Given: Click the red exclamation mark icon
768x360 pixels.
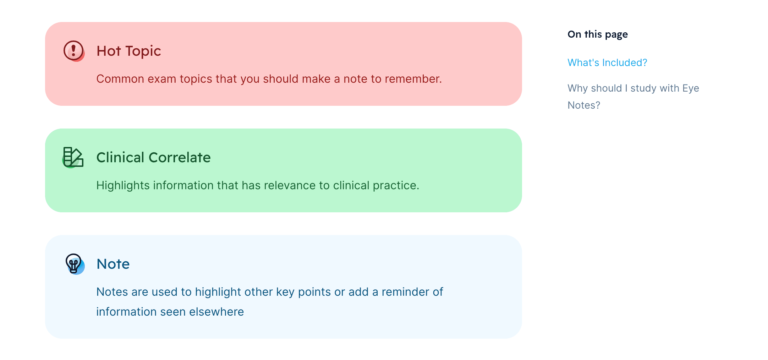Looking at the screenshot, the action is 73,51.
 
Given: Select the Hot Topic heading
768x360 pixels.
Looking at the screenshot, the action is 129,51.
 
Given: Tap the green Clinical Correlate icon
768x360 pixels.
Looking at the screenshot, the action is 73,157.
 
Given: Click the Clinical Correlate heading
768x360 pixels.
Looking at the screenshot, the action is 154,157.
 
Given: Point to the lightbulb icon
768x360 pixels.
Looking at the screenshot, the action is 74,264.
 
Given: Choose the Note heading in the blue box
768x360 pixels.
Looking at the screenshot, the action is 113,264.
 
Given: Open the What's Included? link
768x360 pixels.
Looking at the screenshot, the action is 608,62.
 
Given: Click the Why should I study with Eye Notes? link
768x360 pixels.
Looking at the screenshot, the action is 633,97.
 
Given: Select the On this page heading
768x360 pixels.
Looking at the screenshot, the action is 598,34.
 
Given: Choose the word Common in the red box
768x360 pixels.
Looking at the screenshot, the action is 120,79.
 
